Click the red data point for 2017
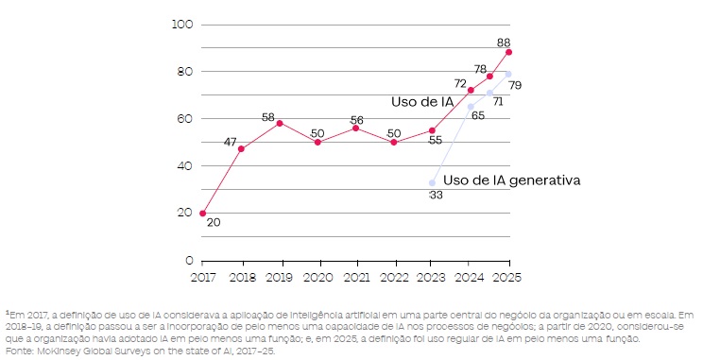202,214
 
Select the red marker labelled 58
280,123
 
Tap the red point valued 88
508,52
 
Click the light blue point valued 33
432,183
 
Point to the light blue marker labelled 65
471,107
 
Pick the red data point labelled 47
241,149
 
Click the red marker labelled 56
355,129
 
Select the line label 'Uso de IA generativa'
511,180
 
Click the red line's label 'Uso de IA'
422,102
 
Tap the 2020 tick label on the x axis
317,278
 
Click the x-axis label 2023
431,278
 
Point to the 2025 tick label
507,278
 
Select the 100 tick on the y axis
182,25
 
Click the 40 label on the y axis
184,166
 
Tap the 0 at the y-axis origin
190,261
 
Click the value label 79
515,85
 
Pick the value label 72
460,83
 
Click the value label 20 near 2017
214,222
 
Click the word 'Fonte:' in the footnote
18,351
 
